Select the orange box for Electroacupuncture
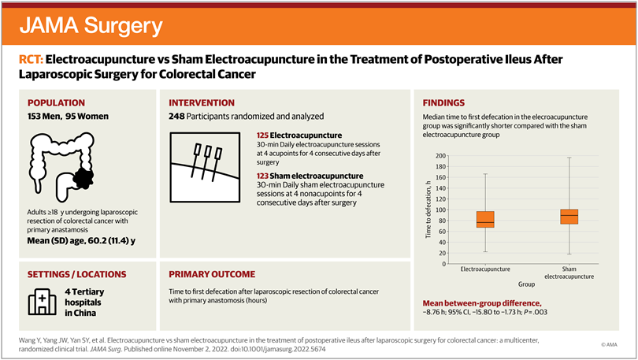(x=485, y=219)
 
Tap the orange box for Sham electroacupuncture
(x=569, y=216)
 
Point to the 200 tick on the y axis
(x=441, y=156)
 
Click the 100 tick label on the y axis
(x=441, y=210)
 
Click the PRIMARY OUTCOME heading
(x=212, y=274)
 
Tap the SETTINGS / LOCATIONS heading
(x=76, y=274)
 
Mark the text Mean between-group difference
(x=482, y=303)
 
